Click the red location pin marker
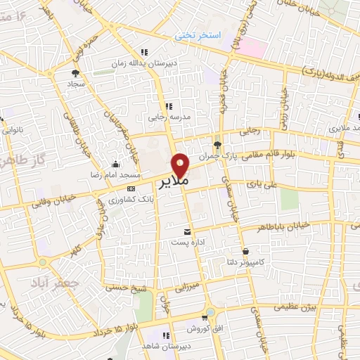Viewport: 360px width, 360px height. [181, 165]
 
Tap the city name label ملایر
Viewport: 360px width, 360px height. [171, 182]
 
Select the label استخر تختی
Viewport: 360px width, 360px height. [198, 34]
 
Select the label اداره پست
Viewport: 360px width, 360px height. [186, 241]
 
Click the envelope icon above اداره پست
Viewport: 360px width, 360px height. [186, 231]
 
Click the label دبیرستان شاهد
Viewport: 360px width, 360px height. [167, 345]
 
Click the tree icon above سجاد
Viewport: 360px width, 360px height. [75, 72]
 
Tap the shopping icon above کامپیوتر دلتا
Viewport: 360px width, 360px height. [245, 251]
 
